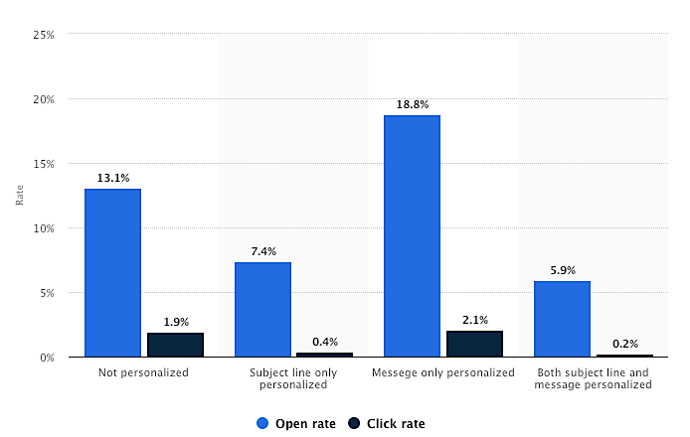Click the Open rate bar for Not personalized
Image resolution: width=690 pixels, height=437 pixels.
112,272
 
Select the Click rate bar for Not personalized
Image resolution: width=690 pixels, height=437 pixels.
175,345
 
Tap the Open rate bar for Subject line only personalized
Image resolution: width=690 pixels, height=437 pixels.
262,309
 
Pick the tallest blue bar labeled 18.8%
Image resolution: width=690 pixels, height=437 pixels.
412,235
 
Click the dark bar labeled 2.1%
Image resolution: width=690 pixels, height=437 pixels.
474,344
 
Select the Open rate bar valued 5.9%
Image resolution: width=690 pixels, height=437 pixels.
562,319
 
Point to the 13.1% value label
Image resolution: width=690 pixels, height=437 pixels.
112,178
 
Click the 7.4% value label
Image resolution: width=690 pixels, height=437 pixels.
262,251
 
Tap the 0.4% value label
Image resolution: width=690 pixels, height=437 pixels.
325,342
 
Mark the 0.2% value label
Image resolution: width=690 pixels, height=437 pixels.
624,344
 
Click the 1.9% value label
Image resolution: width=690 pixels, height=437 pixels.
175,322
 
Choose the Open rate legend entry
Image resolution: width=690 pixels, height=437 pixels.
295,423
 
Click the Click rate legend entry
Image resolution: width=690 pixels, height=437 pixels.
387,423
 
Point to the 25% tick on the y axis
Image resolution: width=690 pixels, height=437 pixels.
44,35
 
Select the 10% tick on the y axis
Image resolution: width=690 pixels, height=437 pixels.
44,228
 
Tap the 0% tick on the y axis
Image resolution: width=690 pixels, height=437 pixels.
47,358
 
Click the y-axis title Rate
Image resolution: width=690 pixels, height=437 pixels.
20,196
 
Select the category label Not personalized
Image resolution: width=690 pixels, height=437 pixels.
143,372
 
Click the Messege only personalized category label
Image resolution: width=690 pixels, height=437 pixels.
442,372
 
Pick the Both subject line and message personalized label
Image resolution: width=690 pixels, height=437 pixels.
593,378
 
